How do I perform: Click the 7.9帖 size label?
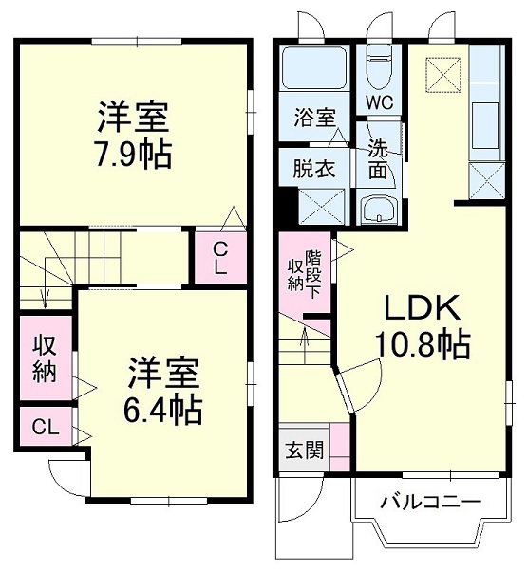(133, 153)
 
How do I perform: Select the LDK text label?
(422, 308)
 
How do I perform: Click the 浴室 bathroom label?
(314, 118)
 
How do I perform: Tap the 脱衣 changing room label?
(312, 170)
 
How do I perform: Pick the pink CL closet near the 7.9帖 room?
(219, 257)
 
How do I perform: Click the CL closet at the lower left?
(45, 426)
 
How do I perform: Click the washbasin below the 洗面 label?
(379, 210)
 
